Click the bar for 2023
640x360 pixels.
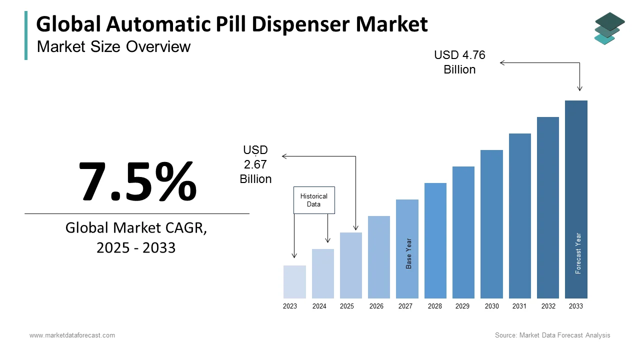(294, 282)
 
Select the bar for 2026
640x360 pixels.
(379, 257)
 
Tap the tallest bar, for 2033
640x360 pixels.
(576, 199)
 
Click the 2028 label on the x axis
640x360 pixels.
(435, 306)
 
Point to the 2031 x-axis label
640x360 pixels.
(519, 306)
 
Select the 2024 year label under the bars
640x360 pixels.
(319, 306)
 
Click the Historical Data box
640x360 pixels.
(314, 200)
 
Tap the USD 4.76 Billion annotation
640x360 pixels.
(459, 62)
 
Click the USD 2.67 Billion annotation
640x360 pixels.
(255, 164)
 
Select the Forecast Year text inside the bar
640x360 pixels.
(578, 253)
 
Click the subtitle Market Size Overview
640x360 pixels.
(114, 46)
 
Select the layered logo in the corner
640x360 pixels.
(609, 28)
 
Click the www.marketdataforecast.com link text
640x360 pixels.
(72, 335)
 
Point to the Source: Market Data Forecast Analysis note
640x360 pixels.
(552, 335)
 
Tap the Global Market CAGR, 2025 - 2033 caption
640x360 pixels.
(136, 237)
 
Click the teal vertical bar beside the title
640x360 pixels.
(26, 35)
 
